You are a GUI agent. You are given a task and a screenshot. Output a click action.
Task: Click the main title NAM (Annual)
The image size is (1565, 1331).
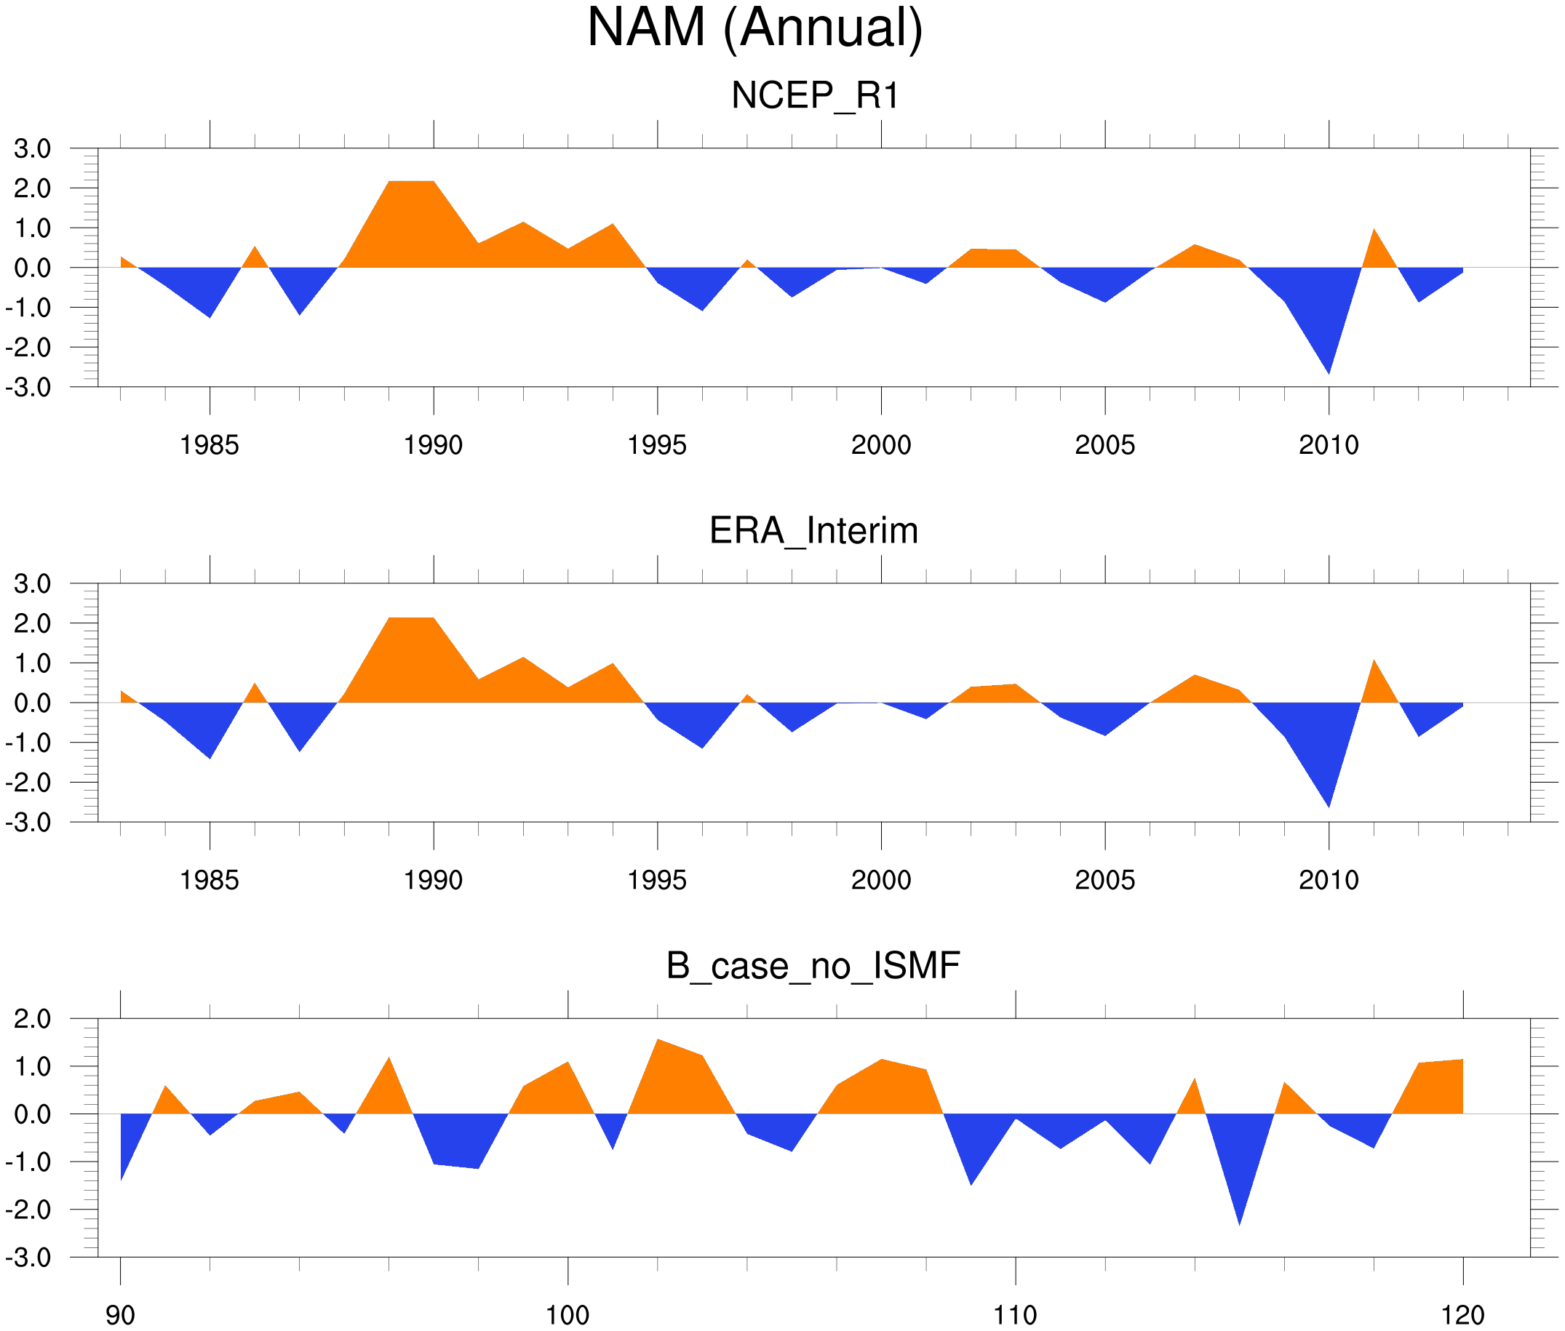coord(754,28)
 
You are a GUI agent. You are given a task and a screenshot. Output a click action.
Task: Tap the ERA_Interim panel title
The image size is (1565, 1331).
coord(813,530)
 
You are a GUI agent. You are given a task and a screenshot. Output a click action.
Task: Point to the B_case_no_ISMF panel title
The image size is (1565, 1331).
coord(813,966)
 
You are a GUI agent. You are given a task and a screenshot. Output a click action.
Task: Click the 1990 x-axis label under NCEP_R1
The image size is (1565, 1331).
coord(433,445)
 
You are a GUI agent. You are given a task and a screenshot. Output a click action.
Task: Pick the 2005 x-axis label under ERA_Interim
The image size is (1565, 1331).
coord(1104,880)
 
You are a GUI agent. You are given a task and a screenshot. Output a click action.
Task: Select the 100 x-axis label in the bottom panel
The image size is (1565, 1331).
coord(568,1315)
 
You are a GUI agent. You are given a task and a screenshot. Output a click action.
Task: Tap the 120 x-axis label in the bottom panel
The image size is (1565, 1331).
coord(1462,1315)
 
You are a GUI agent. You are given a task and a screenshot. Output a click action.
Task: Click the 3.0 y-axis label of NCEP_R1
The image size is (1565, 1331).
coord(33,148)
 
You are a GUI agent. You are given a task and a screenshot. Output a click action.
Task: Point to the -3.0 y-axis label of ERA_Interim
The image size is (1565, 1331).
coord(28,823)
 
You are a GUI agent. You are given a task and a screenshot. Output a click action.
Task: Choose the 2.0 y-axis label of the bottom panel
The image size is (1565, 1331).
coord(33,1019)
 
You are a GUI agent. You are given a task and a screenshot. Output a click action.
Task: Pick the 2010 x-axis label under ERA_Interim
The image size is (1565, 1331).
coord(1328,880)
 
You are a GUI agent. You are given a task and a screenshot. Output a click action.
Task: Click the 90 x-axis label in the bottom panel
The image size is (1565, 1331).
coord(120,1315)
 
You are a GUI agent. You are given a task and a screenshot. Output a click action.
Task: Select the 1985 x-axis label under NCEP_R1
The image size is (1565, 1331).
coord(209,445)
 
